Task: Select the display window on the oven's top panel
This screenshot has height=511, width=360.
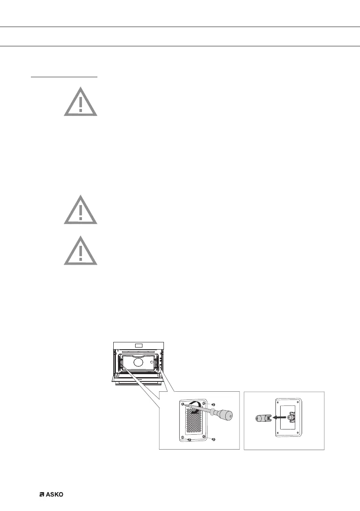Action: [139, 345]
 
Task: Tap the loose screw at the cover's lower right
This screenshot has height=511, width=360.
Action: [213, 438]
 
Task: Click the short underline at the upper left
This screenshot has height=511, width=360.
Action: [64, 78]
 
